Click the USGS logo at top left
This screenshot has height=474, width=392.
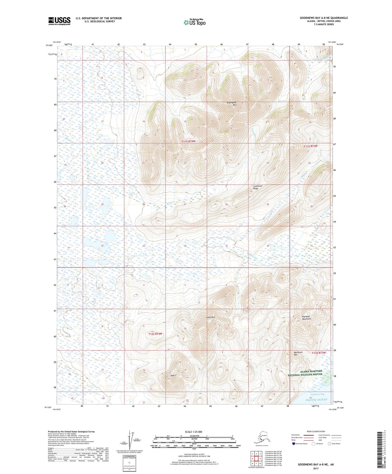tap(59, 21)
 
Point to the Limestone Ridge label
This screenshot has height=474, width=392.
tap(258, 187)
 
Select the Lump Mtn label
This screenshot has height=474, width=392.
tap(210, 317)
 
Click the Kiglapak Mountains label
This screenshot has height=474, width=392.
tap(307, 318)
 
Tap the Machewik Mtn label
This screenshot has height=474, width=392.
tap(298, 353)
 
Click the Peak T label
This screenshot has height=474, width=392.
tap(173, 375)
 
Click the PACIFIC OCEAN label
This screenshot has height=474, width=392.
tap(316, 400)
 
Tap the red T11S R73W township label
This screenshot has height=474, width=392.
tap(310, 146)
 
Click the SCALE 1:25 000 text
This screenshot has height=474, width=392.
tap(194, 432)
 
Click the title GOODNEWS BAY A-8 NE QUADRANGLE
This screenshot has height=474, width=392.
tap(324, 18)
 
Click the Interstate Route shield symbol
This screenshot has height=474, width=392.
tap(294, 444)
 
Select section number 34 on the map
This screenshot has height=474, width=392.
tap(185, 246)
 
